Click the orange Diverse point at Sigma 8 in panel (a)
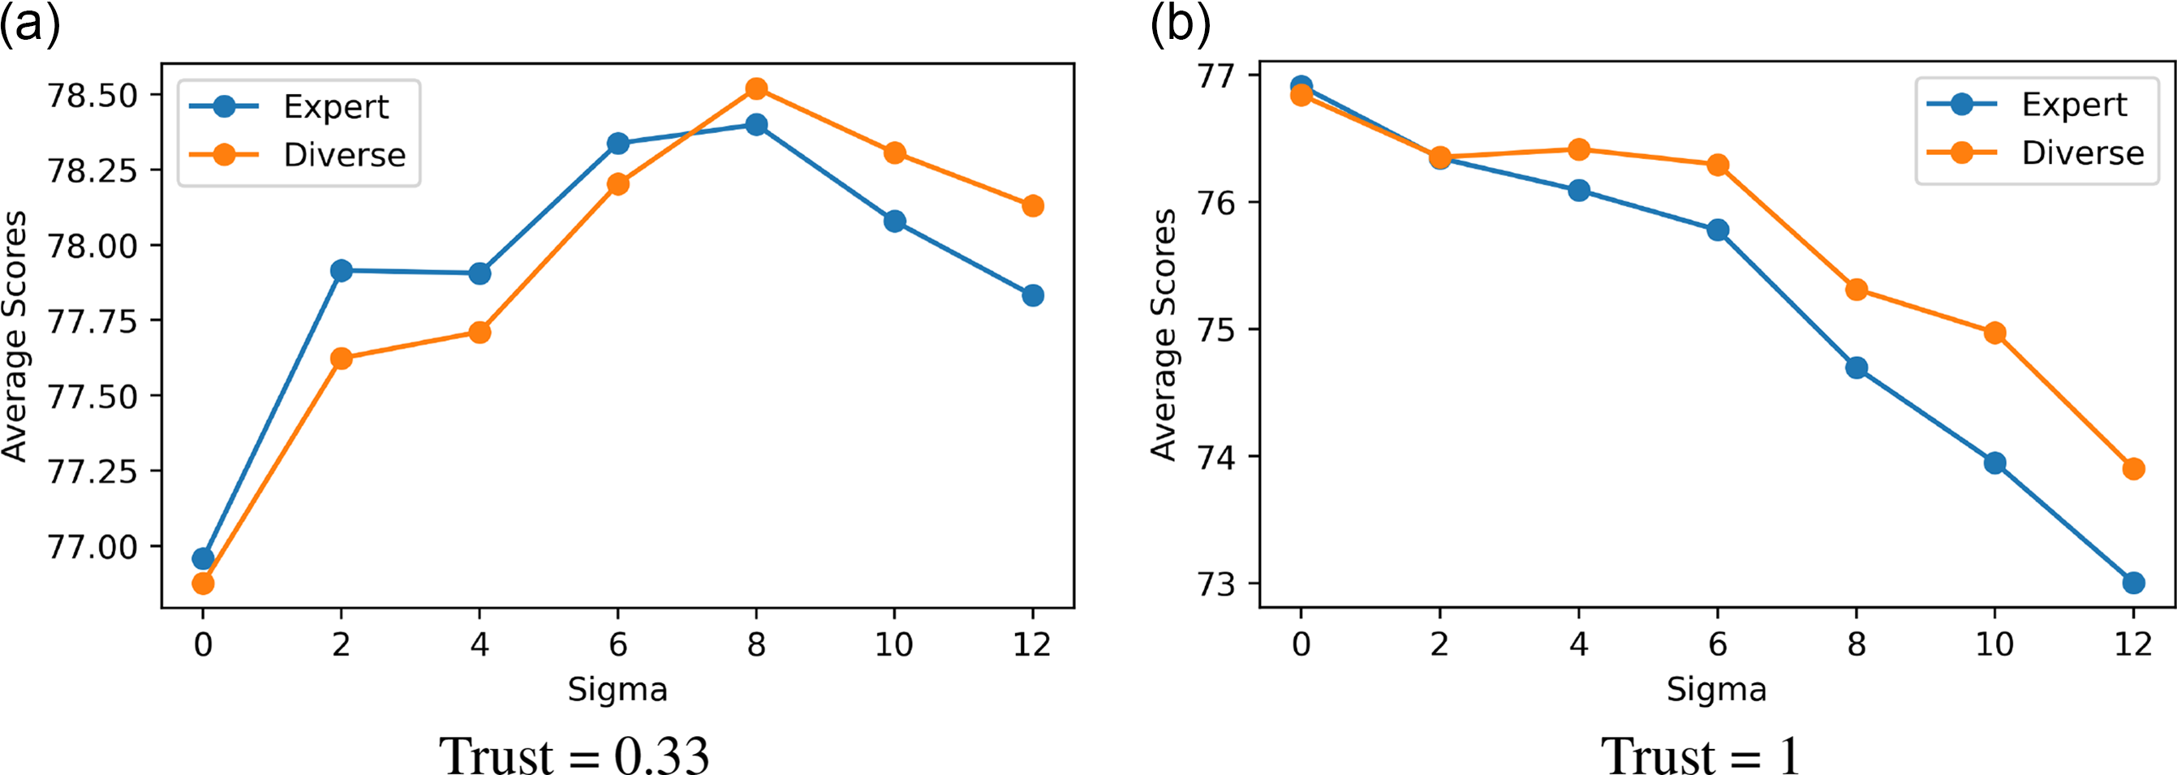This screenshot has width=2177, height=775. [756, 88]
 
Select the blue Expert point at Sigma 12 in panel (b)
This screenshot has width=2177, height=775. [2133, 583]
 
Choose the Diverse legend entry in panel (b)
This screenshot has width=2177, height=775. [2082, 153]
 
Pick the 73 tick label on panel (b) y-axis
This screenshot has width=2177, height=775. [1216, 584]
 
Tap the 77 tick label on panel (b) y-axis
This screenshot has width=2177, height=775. [1216, 76]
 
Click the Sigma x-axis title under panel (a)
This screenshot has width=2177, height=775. [617, 690]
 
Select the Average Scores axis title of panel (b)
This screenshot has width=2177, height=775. [1164, 334]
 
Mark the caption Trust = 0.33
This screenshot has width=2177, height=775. [574, 755]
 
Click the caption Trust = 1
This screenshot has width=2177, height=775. [1701, 755]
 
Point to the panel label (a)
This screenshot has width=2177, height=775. [30, 25]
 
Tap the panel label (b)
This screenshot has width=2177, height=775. [1180, 25]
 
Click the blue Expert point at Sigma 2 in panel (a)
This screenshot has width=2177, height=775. [342, 271]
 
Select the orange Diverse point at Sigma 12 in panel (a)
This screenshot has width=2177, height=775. [1033, 206]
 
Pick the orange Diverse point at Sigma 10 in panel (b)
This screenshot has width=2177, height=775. [1994, 333]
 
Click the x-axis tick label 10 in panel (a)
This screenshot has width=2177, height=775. [894, 645]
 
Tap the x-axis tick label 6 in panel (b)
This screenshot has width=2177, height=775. [1717, 645]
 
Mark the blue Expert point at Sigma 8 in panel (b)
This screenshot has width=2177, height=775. [1856, 368]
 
